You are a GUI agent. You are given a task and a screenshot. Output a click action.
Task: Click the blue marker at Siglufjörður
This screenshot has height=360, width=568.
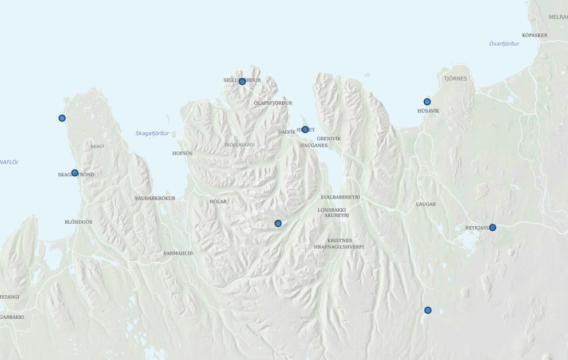point(242,81)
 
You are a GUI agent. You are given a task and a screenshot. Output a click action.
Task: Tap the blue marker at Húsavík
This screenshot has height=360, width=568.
point(427,102)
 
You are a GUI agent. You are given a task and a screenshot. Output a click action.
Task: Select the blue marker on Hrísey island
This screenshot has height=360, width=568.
point(305,129)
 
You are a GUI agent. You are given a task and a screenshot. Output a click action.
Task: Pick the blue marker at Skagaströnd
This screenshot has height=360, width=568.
point(74,173)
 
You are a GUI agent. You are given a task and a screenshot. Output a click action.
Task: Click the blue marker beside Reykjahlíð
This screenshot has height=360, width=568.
point(492,227)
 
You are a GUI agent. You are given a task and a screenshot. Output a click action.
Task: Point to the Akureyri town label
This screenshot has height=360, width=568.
point(336,216)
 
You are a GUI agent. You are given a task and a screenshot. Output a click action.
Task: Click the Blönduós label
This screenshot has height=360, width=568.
point(78,221)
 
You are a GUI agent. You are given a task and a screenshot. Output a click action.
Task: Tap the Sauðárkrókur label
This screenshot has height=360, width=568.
point(155,198)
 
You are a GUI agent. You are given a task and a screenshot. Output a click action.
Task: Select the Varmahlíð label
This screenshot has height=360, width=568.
point(178,253)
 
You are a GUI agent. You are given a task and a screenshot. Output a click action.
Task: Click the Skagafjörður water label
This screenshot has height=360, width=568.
point(152,133)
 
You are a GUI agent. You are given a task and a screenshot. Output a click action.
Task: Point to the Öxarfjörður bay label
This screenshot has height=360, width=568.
point(504,43)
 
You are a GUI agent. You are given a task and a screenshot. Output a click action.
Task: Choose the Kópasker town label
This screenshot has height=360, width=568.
point(535,35)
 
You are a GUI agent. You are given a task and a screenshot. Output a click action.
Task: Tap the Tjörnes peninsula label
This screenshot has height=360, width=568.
point(455,78)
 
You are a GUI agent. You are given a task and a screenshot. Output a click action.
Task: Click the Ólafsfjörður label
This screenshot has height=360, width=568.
point(273,103)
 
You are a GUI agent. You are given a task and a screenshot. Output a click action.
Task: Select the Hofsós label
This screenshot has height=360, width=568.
point(183,153)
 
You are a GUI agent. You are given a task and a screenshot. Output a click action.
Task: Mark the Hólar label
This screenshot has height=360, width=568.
point(218,201)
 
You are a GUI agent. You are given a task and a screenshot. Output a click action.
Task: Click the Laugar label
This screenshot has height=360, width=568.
point(426,204)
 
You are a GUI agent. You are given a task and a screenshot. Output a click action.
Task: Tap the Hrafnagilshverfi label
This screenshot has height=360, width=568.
point(339,247)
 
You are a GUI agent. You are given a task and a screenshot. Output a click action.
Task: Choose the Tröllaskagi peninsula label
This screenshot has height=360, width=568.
point(239,145)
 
